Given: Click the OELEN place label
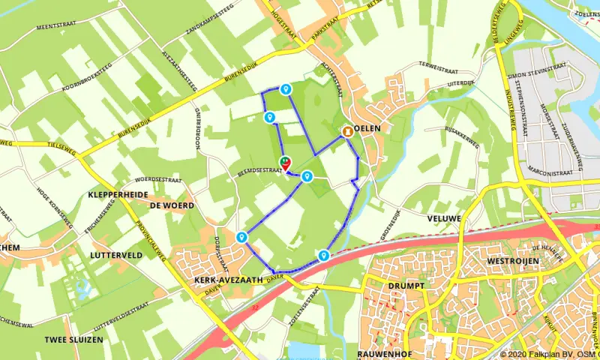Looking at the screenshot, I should coord(370,128).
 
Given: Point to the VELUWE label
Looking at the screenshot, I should coord(421,217).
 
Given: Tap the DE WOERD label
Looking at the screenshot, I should coord(172,205).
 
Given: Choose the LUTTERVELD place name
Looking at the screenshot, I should coord(115,255).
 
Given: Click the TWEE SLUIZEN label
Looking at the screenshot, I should coord(73,340).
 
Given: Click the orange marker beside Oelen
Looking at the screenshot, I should coord(348,130).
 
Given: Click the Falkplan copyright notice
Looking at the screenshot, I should coord(549,354).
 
